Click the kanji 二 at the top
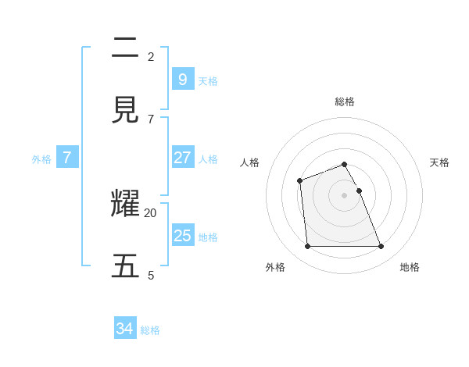click(125, 48)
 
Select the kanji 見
click(125, 111)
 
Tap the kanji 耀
click(125, 205)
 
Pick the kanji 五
click(125, 266)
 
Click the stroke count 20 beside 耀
click(150, 212)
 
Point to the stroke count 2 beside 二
click(151, 56)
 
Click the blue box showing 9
click(182, 80)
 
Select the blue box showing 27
click(182, 158)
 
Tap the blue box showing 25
click(182, 236)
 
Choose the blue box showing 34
click(125, 329)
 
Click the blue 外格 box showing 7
click(67, 158)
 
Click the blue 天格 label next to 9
click(208, 81)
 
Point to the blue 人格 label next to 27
click(208, 159)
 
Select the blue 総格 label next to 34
click(150, 330)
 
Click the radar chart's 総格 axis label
click(345, 102)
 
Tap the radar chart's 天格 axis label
click(439, 162)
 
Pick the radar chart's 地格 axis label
click(410, 267)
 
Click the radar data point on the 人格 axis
click(299, 181)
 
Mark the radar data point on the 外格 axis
click(307, 247)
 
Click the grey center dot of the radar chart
click(344, 195)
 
